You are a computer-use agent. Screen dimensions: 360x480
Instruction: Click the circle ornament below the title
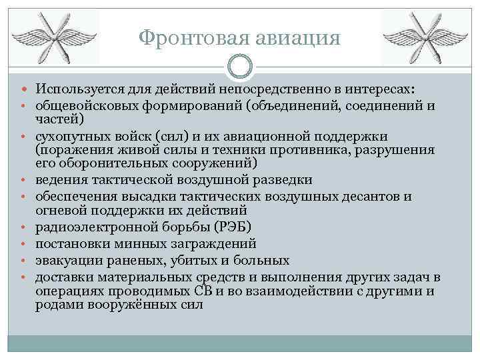click(239, 67)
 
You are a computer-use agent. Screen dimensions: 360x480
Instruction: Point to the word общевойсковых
click(83, 105)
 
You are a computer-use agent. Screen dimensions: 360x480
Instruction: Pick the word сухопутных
click(70, 135)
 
